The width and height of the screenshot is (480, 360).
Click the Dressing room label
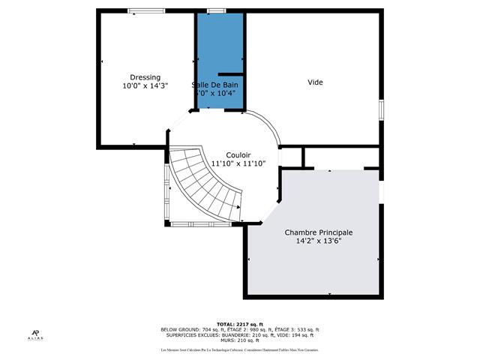pos(145,77)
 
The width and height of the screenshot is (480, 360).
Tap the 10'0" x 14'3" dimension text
pos(145,86)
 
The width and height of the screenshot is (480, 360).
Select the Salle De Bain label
pos(217,85)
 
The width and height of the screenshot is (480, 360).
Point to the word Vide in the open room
pos(315,82)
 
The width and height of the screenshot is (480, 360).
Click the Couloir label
pos(238,154)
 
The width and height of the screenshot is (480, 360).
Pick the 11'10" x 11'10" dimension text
pos(238,163)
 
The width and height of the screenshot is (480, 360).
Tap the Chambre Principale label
pos(318,232)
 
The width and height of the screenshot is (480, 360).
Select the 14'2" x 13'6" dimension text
pos(318,241)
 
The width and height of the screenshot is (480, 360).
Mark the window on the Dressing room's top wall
pos(141,10)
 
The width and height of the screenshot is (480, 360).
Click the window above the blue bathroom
pos(217,10)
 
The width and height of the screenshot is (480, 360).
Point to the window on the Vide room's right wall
pos(381,109)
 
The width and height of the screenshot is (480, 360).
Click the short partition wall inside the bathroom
pos(230,74)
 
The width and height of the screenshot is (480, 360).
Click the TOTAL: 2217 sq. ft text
pos(240,323)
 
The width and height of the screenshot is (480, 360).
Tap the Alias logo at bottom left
pos(36,335)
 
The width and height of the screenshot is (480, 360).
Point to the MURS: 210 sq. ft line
pos(240,341)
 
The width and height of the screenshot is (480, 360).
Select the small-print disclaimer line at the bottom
pos(240,350)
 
